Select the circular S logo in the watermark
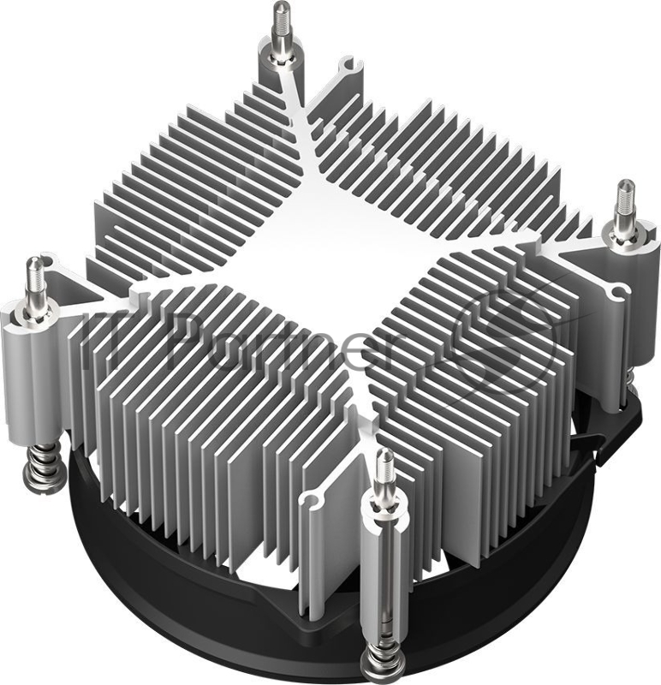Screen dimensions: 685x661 tap(505, 338)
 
